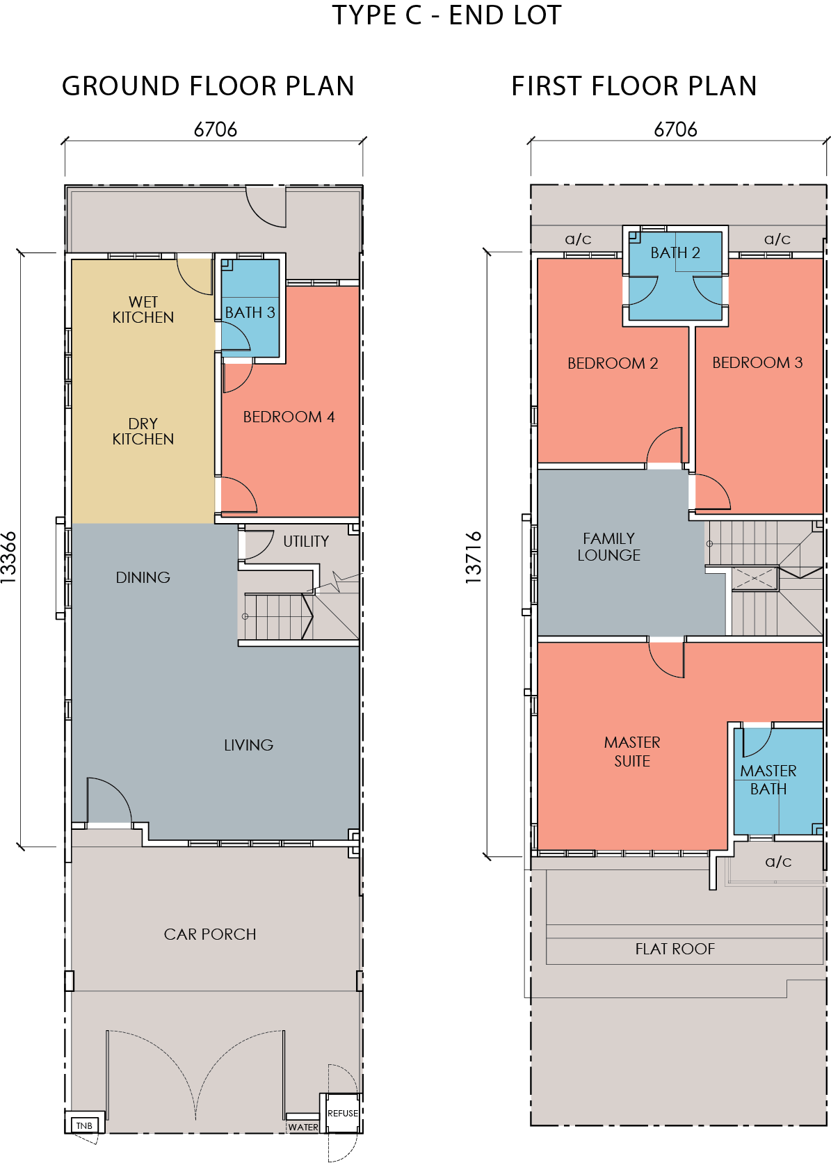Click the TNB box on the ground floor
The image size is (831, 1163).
pos(84,1125)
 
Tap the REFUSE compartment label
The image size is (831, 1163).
pos(343,1113)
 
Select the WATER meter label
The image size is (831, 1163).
pos(303,1127)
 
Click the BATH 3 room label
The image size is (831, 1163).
pos(250,312)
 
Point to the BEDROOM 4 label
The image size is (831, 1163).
pos(289,417)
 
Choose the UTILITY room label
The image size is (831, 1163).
pos(306,542)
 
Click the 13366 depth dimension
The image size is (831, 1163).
pos(9,558)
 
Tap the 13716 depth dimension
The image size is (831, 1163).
pos(474,558)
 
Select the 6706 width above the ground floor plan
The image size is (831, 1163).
pos(216,129)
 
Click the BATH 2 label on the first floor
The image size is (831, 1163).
pos(675,253)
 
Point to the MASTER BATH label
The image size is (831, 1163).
pos(768,780)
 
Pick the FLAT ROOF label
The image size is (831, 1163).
pos(675,949)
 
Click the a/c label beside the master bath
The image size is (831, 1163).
pos(778,862)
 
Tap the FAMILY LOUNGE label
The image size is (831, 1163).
pos(609,547)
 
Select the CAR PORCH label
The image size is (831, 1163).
pos(210,934)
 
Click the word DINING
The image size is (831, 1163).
pos(143,577)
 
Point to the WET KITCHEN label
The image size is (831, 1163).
pos(143,310)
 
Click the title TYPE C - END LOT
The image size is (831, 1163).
pos(447,15)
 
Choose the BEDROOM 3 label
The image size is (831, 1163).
pos(757,362)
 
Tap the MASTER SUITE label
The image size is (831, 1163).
pos(631,752)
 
